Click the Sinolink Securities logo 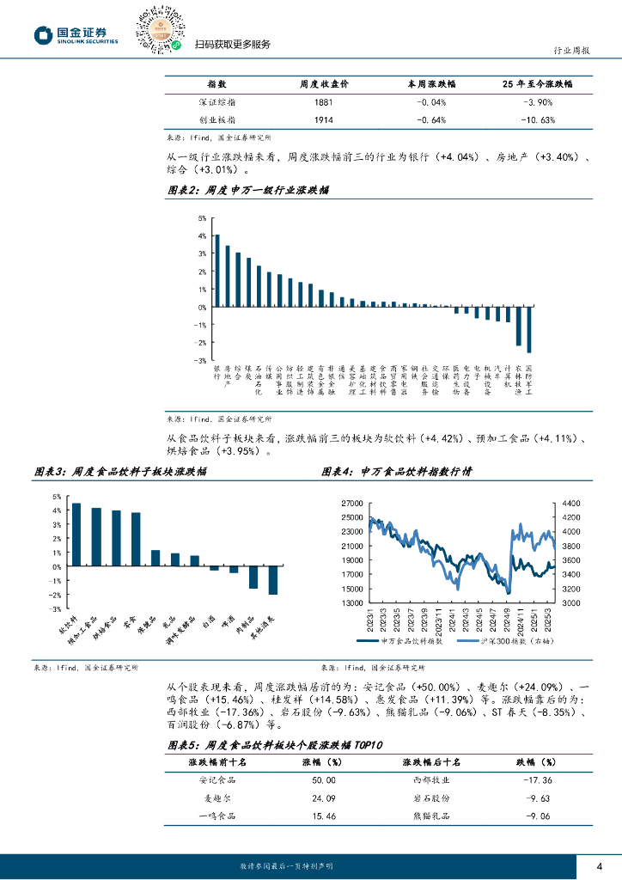[x=76, y=34]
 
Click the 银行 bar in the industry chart [x=216, y=270]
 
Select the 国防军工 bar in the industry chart [x=529, y=329]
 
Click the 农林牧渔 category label [x=518, y=379]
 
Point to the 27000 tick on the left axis [x=351, y=503]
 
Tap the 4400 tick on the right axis [x=571, y=503]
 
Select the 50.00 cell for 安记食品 [x=312, y=780]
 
